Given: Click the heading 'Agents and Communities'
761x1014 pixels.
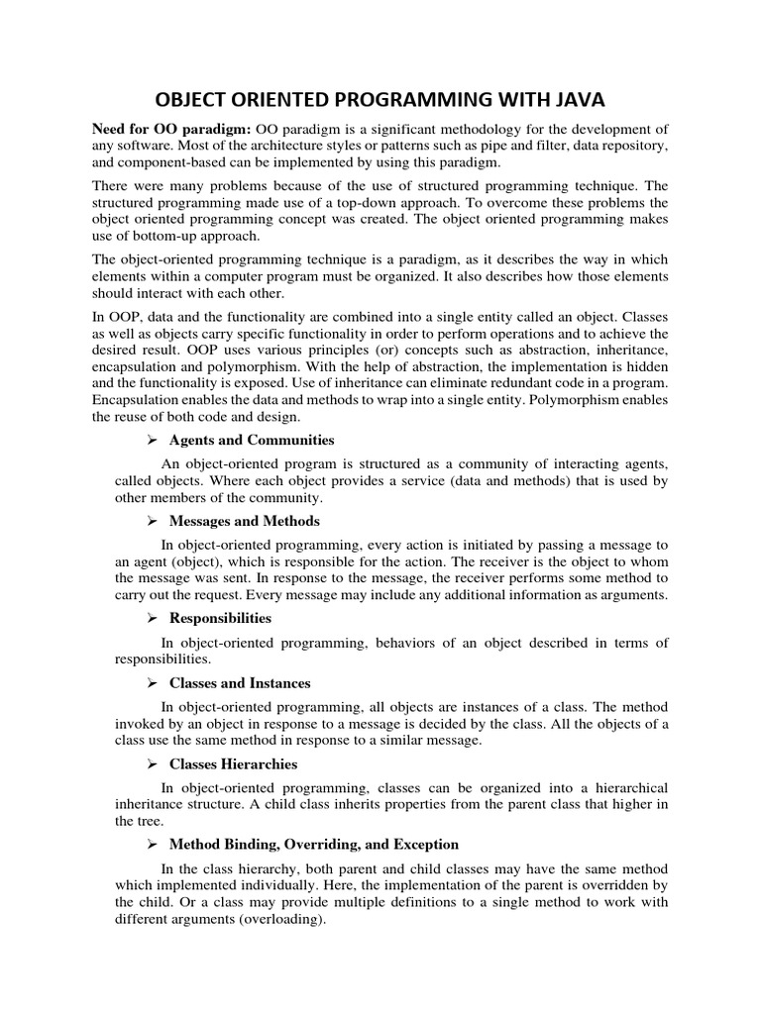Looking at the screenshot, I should (x=252, y=440).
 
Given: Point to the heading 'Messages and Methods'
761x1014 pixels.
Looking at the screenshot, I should (x=245, y=521).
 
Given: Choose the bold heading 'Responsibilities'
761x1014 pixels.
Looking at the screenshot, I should (x=220, y=618).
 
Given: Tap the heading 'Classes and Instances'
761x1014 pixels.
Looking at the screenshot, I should (x=240, y=683).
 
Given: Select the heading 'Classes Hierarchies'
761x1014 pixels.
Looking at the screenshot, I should (x=233, y=764).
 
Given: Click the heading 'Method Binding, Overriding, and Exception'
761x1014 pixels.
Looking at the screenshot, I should (x=314, y=845).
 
